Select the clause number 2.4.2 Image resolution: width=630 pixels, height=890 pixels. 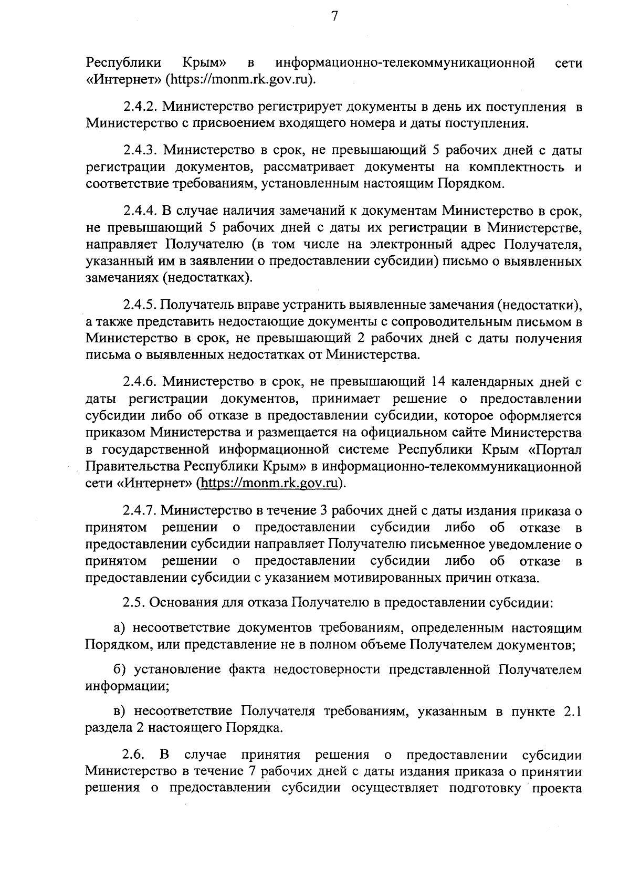[141, 107]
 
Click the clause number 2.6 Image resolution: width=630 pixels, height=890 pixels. [133, 755]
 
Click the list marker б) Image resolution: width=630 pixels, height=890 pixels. [120, 669]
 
